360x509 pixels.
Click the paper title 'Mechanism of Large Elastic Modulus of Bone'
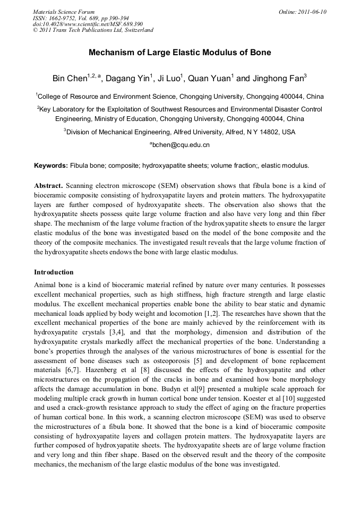[179, 53]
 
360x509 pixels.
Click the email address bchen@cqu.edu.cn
[181, 144]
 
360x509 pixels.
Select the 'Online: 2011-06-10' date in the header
[303, 12]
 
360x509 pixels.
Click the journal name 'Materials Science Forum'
[64, 12]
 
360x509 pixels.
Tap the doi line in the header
[88, 24]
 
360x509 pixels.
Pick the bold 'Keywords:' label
[51, 166]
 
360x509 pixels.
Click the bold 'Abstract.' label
[49, 186]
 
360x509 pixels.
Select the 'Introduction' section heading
[54, 272]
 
